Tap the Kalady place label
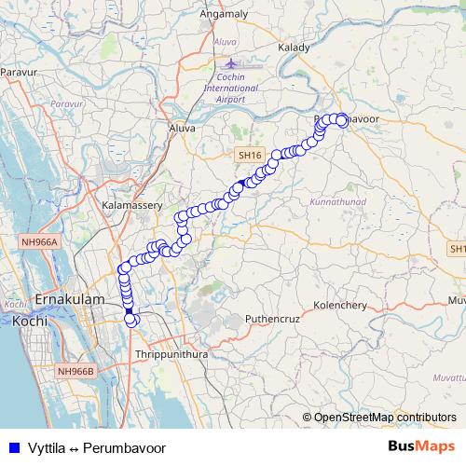(x=295, y=47)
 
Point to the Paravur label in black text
(x=18, y=71)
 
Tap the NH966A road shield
(x=40, y=242)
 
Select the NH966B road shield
(x=76, y=371)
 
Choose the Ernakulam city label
(x=66, y=301)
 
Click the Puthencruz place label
(x=270, y=319)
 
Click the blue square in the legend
(x=12, y=447)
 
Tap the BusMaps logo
(x=421, y=446)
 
